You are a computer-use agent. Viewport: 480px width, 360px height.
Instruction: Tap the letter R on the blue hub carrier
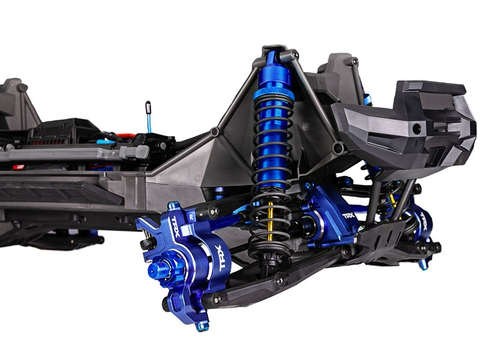pyautogui.click(x=191, y=217)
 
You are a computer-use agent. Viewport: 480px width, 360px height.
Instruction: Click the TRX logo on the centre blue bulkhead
pyautogui.click(x=348, y=216)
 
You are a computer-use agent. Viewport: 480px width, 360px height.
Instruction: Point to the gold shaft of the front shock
pyautogui.click(x=271, y=217)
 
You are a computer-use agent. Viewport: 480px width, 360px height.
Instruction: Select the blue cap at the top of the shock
pyautogui.click(x=274, y=70)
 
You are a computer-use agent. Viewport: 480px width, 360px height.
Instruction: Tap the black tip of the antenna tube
pyautogui.click(x=148, y=106)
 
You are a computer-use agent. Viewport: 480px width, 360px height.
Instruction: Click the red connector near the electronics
pyautogui.click(x=125, y=136)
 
